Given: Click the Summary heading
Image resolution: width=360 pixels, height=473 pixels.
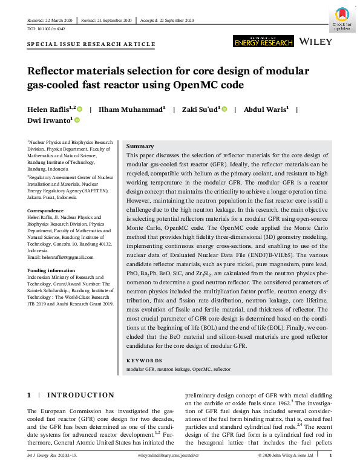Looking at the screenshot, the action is pos(140,146).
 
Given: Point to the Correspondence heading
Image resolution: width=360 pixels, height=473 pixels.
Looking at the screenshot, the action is pos(46,210).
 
